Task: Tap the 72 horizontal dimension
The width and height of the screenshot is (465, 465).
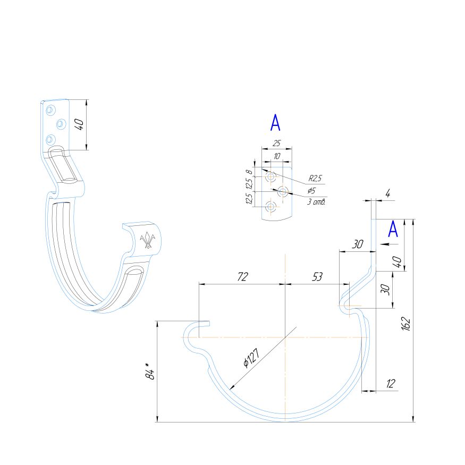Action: [242, 276]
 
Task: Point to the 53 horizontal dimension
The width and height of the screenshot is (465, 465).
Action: [317, 276]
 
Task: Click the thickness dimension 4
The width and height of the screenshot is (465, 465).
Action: [387, 194]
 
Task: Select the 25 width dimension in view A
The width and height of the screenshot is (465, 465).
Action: [276, 143]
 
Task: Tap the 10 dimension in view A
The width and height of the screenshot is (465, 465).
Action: [276, 156]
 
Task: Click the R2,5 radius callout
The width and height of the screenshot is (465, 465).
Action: [316, 179]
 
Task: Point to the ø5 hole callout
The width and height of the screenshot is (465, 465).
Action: [311, 190]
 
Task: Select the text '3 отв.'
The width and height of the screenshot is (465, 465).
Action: [316, 202]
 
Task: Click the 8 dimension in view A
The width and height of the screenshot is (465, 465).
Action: [248, 172]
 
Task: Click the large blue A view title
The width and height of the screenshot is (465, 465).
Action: [275, 123]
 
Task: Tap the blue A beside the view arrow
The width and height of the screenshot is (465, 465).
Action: [393, 229]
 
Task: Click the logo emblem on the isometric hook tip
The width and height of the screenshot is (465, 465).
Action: [148, 241]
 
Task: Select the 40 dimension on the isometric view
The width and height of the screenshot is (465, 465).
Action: [79, 125]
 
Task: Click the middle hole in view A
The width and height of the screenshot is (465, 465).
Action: [282, 191]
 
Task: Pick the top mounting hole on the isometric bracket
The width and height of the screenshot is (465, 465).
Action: [50, 110]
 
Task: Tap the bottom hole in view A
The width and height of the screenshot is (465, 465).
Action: [271, 206]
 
